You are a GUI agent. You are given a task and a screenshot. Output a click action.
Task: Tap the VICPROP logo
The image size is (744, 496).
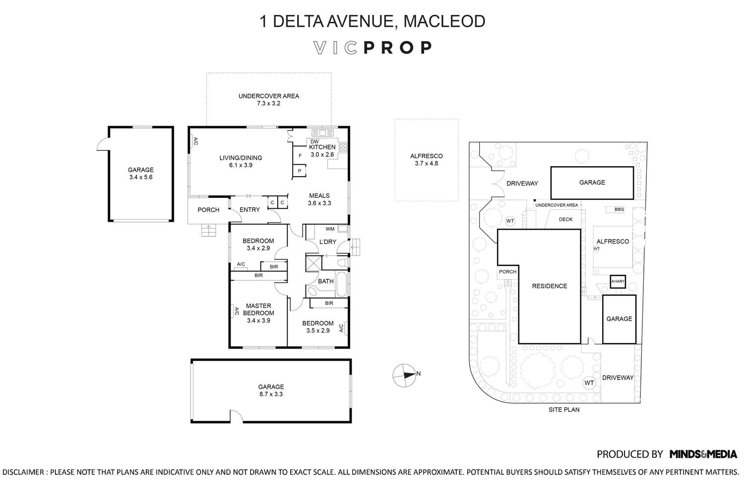pos(372,48)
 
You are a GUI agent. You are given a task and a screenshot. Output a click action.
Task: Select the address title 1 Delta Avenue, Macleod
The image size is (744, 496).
pos(372,21)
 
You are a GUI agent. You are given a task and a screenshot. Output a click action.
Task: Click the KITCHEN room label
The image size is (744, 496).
pos(322,147)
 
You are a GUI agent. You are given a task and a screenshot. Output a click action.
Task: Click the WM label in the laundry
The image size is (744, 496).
pos(330,229)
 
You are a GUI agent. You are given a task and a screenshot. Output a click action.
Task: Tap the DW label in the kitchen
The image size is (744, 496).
pos(314,141)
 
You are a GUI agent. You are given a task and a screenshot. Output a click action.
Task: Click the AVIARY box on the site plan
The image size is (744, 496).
pos(618,282)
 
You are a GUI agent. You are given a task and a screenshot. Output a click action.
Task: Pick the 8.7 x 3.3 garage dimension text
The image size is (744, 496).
pos(271,394)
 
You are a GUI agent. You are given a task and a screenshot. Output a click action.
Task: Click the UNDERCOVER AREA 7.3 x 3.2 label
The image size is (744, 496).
pos(269,100)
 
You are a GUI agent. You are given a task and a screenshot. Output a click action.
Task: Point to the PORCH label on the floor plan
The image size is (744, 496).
pos(208,210)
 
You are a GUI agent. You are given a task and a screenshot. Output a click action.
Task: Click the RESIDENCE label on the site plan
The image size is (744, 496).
pos(549,286)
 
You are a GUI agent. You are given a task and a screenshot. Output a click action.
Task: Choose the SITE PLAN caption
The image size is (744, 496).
pos(564,410)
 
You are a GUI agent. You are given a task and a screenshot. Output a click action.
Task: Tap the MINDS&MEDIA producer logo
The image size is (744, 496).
pos(703,454)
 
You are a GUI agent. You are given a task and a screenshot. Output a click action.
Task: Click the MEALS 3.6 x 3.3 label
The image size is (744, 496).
pos(319,199)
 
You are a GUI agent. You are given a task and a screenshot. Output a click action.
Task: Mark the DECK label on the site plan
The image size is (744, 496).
pos(565,219)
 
